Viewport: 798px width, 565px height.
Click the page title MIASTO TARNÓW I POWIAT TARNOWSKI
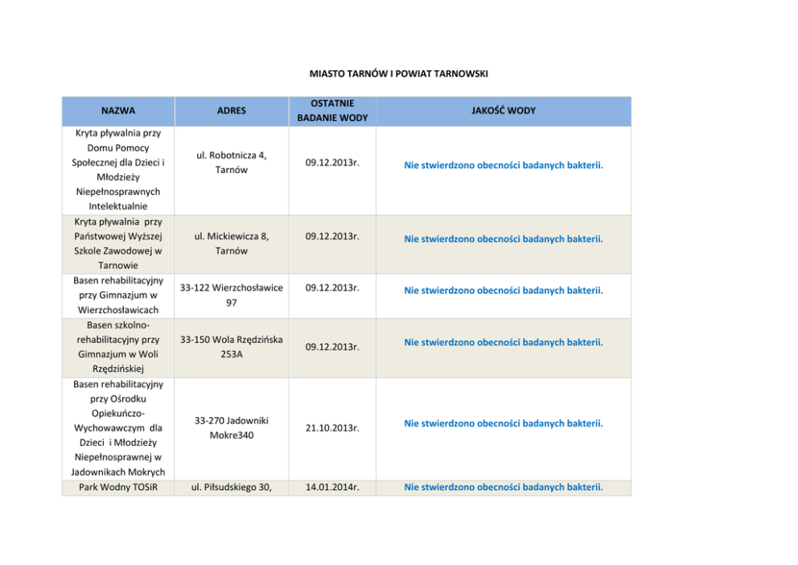pos(399,74)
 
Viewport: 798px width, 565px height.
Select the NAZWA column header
pos(118,111)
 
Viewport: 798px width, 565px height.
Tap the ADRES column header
pos(232,111)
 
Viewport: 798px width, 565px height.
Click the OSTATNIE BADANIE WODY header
pos(332,111)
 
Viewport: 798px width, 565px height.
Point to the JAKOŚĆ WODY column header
pos(504,111)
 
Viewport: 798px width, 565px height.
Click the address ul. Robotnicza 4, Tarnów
pos(232,163)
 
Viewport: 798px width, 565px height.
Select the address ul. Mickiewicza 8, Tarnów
pos(232,243)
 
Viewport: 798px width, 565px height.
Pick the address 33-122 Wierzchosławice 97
pos(232,295)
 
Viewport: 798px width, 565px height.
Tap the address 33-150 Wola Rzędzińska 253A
pos(232,347)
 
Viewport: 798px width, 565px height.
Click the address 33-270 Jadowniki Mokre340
pos(232,427)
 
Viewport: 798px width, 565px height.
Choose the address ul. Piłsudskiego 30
pos(232,487)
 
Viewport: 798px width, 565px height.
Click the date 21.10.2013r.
pos(332,429)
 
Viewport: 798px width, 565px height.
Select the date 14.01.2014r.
pos(332,487)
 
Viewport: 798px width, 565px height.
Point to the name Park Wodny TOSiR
pos(118,487)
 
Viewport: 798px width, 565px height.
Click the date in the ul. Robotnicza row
pos(332,163)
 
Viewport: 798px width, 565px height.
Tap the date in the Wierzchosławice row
pos(332,287)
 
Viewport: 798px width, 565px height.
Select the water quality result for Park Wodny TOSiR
pos(504,487)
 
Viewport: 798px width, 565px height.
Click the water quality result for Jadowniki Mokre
pos(504,423)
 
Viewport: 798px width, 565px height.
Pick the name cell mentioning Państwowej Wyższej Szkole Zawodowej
pos(118,243)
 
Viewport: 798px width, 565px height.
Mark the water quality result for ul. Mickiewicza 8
pos(504,239)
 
